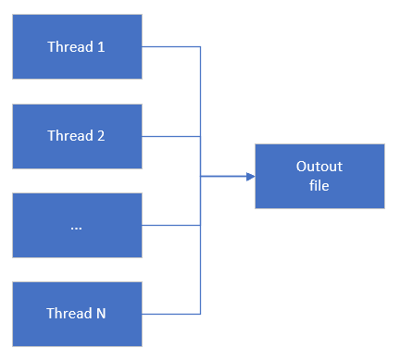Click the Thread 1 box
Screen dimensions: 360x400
point(77,46)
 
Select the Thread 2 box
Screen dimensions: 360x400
point(77,135)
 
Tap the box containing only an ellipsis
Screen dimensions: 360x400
point(77,225)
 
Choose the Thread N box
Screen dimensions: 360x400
point(77,314)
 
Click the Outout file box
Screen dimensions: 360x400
point(319,176)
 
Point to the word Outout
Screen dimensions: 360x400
point(319,167)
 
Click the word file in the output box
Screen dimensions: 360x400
point(319,185)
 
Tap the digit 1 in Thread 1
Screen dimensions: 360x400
point(101,47)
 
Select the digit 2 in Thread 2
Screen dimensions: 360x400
point(101,136)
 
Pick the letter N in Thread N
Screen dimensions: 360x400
point(100,314)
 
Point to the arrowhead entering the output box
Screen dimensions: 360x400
point(250,176)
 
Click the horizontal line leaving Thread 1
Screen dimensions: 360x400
point(171,46)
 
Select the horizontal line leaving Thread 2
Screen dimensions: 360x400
point(171,136)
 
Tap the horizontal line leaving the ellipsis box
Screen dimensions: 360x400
point(171,225)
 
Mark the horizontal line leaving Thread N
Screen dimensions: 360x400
point(171,314)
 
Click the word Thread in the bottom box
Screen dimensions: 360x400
point(69,314)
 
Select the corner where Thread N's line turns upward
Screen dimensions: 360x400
point(201,314)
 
